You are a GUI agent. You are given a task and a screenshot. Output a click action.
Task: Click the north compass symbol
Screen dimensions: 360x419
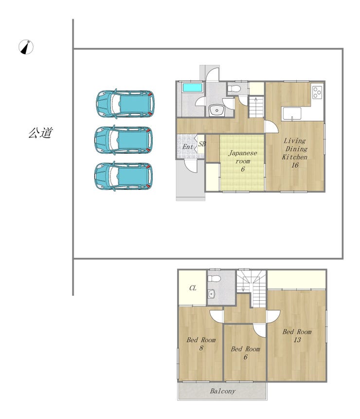(26, 47)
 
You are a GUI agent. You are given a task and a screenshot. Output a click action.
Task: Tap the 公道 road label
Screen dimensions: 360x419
(40, 133)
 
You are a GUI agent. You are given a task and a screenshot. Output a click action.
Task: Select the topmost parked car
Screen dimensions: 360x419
(125, 104)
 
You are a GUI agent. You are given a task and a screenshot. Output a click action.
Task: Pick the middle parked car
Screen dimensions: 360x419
(124, 140)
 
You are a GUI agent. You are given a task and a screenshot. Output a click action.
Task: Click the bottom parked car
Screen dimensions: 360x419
(124, 176)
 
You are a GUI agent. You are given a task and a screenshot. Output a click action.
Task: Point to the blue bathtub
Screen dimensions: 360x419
(192, 88)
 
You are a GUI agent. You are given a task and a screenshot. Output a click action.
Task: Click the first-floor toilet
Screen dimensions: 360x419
(234, 88)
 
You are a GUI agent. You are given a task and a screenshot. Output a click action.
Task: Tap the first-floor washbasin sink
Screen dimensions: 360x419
(216, 110)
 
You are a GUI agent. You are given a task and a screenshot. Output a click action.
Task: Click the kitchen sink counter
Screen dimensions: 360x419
(291, 114)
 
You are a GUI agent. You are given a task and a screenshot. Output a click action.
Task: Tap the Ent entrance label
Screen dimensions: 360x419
(188, 146)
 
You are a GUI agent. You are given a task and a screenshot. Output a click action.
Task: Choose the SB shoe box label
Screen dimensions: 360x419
(202, 144)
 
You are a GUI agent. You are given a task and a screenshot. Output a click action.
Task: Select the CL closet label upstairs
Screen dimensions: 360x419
(193, 288)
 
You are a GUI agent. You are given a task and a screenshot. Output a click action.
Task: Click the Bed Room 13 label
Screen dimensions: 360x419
(297, 336)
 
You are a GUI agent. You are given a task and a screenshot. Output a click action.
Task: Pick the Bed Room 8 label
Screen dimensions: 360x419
(201, 344)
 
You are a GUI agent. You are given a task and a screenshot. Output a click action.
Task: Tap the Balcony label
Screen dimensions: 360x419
(223, 391)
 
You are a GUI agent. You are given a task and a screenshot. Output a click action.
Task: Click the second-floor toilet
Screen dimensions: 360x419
(214, 278)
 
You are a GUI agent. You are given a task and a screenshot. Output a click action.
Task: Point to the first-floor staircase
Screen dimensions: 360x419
(256, 107)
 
